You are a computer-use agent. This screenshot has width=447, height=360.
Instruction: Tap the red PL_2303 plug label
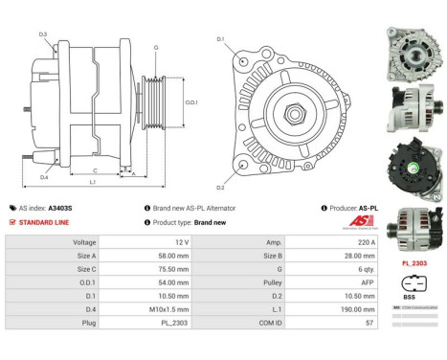413,262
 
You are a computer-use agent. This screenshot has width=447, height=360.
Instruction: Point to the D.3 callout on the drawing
43,34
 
